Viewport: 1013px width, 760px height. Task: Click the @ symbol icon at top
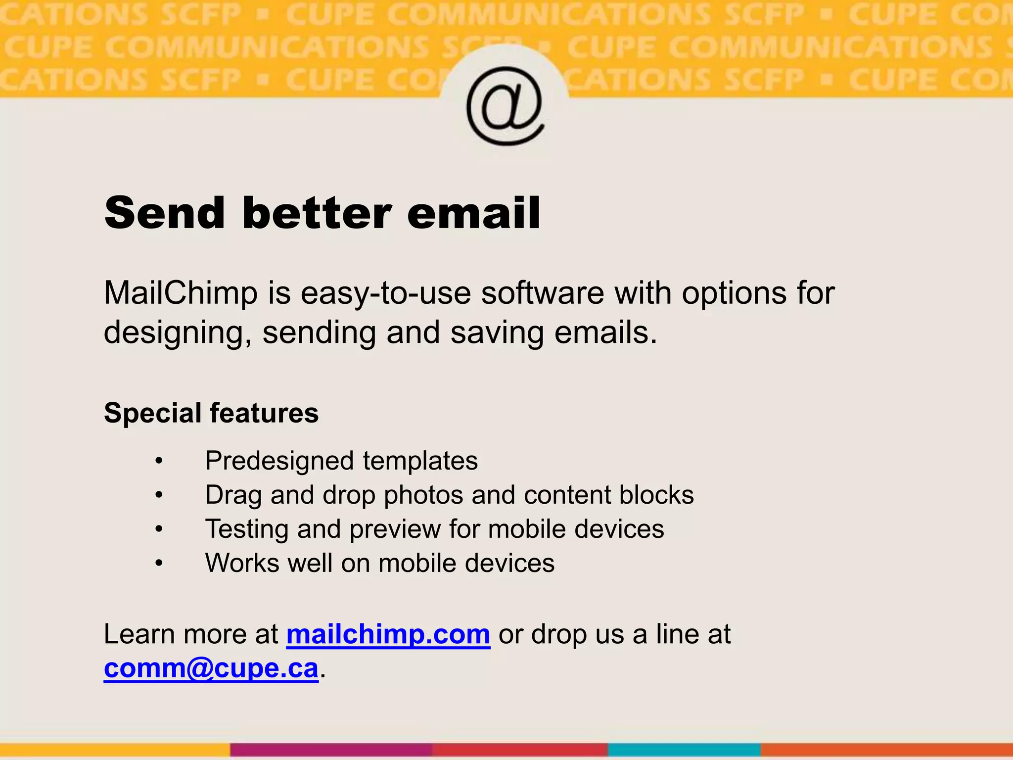[x=505, y=105]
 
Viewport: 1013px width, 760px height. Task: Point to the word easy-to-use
[x=386, y=293]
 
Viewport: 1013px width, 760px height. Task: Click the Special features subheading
[x=211, y=413]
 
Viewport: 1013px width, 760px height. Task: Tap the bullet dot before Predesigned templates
[x=158, y=461]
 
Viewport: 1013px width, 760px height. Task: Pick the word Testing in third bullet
[x=247, y=529]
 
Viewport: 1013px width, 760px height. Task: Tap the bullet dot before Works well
[x=158, y=564]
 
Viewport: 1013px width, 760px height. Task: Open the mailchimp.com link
[x=388, y=634]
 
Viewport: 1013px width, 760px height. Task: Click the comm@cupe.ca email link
[x=211, y=668]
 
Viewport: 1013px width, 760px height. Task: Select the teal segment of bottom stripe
[x=684, y=750]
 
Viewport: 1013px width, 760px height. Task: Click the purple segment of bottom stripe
[x=331, y=750]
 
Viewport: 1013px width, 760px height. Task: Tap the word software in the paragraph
[x=543, y=293]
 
